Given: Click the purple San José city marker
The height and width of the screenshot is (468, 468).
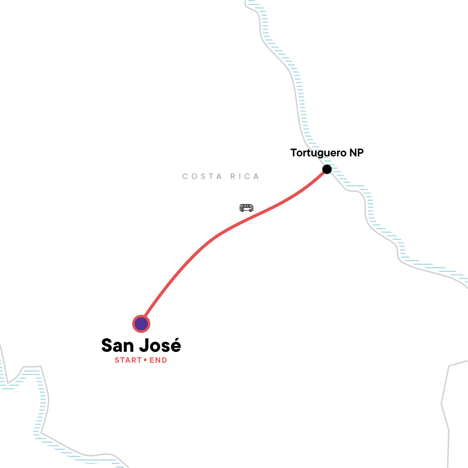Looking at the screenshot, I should point(141,324).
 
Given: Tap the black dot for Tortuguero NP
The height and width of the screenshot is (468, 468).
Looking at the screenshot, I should point(327,169).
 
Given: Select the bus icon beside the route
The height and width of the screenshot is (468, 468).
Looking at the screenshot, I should point(246,208).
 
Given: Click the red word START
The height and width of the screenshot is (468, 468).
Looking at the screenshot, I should point(128,360).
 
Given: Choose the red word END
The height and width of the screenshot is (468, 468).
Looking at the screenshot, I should point(158,360).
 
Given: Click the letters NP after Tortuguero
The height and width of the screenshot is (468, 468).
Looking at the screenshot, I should point(356,153).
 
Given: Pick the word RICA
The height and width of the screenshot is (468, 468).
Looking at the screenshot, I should point(245,177).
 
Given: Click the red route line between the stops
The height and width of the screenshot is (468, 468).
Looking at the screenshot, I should point(218,235).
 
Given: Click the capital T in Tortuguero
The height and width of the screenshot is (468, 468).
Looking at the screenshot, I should point(294,153).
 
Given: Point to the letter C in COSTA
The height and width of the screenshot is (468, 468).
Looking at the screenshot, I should point(185,177).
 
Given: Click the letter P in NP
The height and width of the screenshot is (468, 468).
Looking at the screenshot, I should point(360,153).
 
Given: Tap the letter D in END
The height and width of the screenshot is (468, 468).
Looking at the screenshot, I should point(164,360).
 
